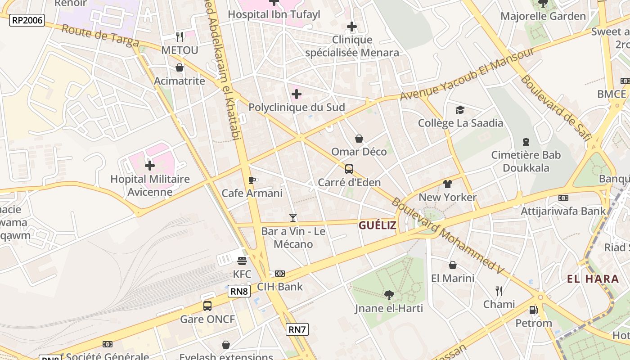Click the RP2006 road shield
[x=27, y=20]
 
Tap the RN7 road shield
[x=297, y=329]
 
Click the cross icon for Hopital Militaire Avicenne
[x=150, y=166]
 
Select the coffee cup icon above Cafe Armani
[x=252, y=180]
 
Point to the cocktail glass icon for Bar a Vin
[x=293, y=218]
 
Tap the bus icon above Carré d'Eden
[x=349, y=169]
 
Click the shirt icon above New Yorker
[x=447, y=184]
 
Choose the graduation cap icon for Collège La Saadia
[x=460, y=110]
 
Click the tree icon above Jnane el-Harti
[x=389, y=295]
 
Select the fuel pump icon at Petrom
[x=533, y=310]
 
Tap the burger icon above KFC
[x=242, y=261]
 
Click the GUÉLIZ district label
[x=378, y=225]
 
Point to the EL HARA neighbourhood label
[x=593, y=279]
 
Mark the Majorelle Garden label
[x=543, y=16]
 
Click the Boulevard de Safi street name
[x=555, y=108]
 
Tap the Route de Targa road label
[x=100, y=36]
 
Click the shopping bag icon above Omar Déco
[x=359, y=139]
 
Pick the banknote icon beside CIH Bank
[x=280, y=274]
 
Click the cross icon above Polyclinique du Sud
[x=297, y=94]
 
